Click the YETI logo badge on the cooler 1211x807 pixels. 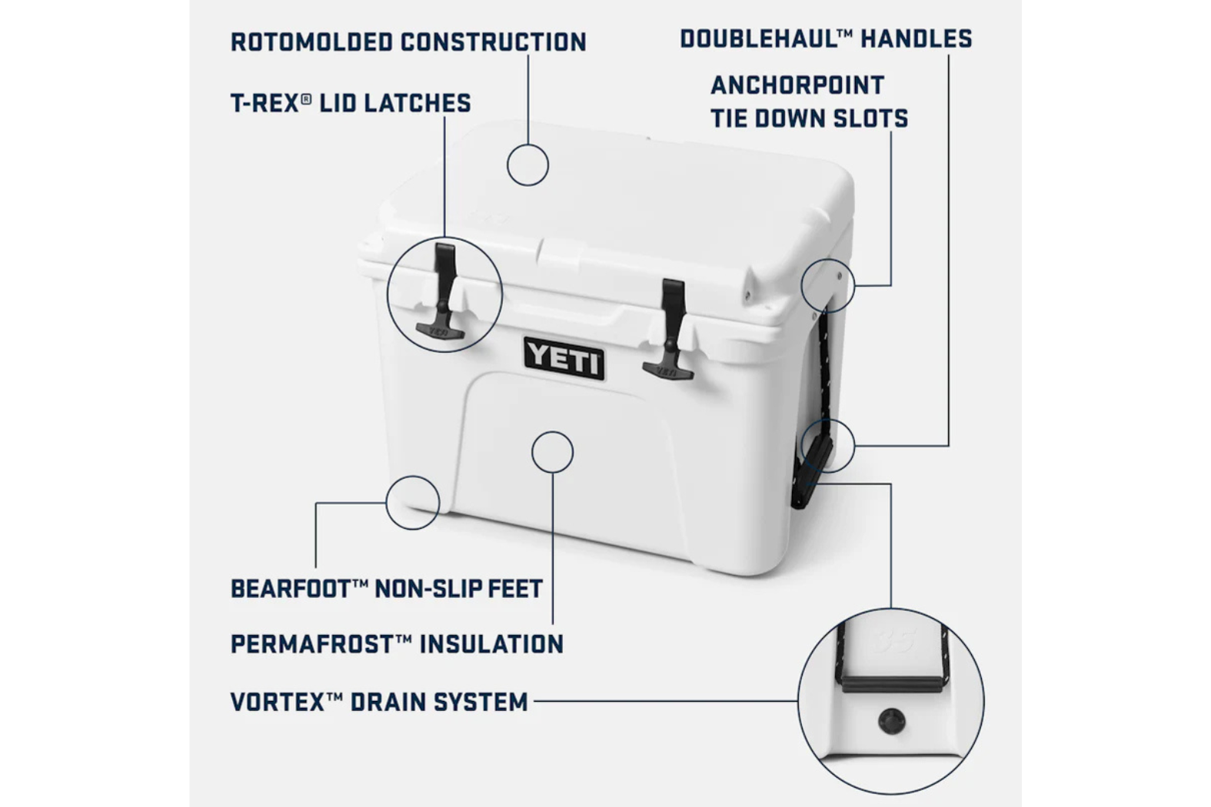(x=564, y=358)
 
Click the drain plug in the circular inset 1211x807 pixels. (x=891, y=721)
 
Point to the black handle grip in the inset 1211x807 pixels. (x=892, y=684)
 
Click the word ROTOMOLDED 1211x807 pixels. (x=311, y=42)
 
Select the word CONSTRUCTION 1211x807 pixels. (x=494, y=42)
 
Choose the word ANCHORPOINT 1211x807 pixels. (x=797, y=85)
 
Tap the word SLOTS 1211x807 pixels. (x=870, y=119)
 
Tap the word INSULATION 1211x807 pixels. (x=491, y=644)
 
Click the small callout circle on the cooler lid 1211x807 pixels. (x=527, y=144)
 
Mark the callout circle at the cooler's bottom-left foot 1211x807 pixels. (x=412, y=477)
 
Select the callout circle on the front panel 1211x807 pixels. (x=553, y=431)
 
